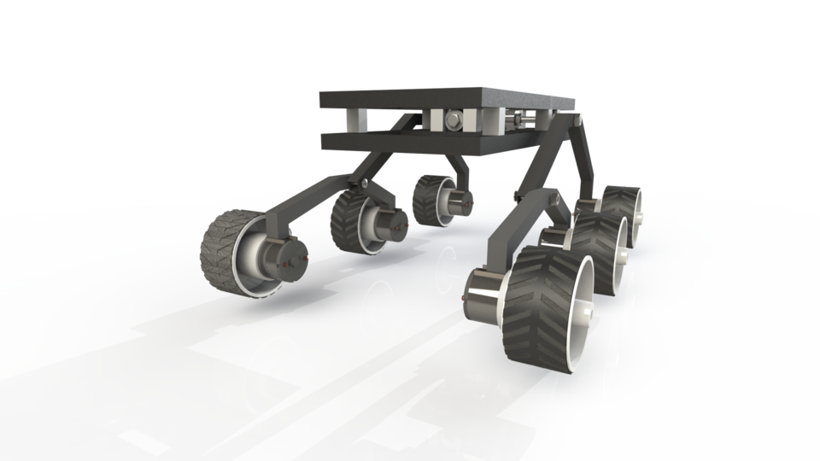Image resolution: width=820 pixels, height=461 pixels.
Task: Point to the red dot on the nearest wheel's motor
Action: tap(464, 298)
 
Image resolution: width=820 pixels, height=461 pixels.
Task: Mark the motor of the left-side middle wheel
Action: tap(390, 225)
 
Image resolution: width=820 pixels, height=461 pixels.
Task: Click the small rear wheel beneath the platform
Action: tap(430, 200)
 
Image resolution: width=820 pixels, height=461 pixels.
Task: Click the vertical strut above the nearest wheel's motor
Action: tap(495, 248)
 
